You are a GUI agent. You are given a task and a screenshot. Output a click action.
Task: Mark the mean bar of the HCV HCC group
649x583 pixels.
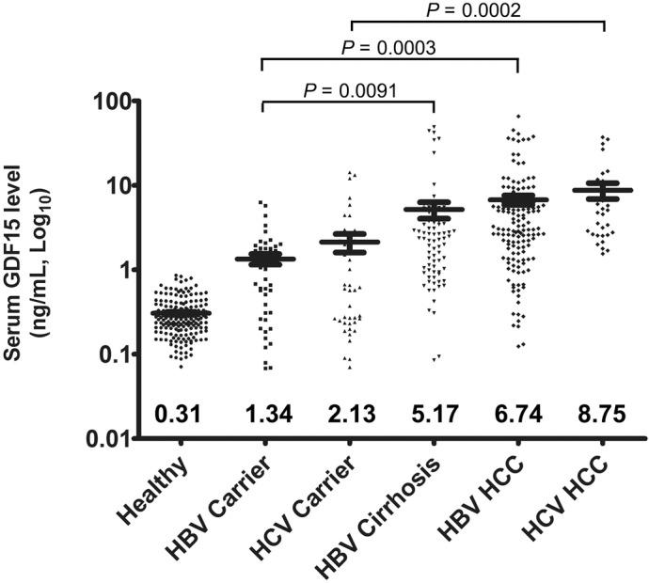pyautogui.click(x=603, y=190)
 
